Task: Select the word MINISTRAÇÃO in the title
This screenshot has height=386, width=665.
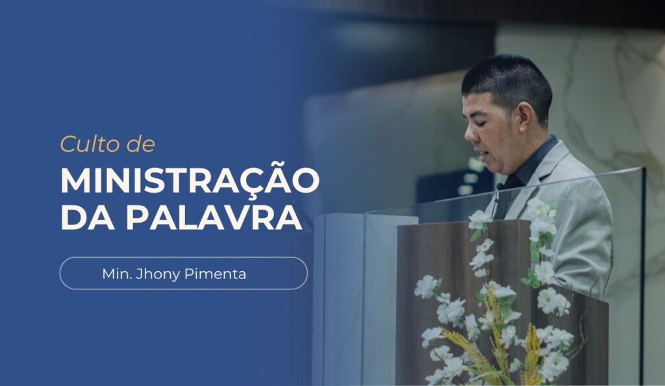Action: click(190, 180)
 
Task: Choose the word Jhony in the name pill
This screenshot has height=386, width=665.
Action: click(160, 274)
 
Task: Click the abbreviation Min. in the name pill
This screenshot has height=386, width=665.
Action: click(116, 274)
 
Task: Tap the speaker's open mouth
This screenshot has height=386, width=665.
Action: click(479, 154)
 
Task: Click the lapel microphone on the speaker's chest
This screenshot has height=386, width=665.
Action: click(501, 186)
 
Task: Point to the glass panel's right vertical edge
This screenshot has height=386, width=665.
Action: click(642, 272)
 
